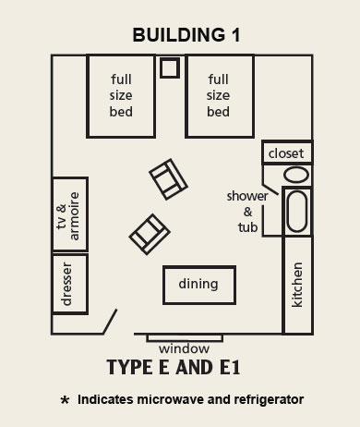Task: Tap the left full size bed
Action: (x=121, y=95)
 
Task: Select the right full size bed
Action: (x=219, y=95)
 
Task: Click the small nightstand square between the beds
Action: (x=170, y=68)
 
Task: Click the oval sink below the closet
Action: (x=296, y=175)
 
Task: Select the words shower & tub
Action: (x=247, y=212)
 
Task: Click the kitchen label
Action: (x=297, y=287)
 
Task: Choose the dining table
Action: (x=198, y=284)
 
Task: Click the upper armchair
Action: (x=168, y=178)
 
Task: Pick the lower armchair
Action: (x=148, y=233)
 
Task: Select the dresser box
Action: (x=69, y=284)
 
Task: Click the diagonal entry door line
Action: (x=111, y=322)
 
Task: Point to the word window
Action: (x=184, y=348)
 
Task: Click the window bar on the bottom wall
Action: (x=184, y=337)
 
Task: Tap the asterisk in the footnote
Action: (x=65, y=402)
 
